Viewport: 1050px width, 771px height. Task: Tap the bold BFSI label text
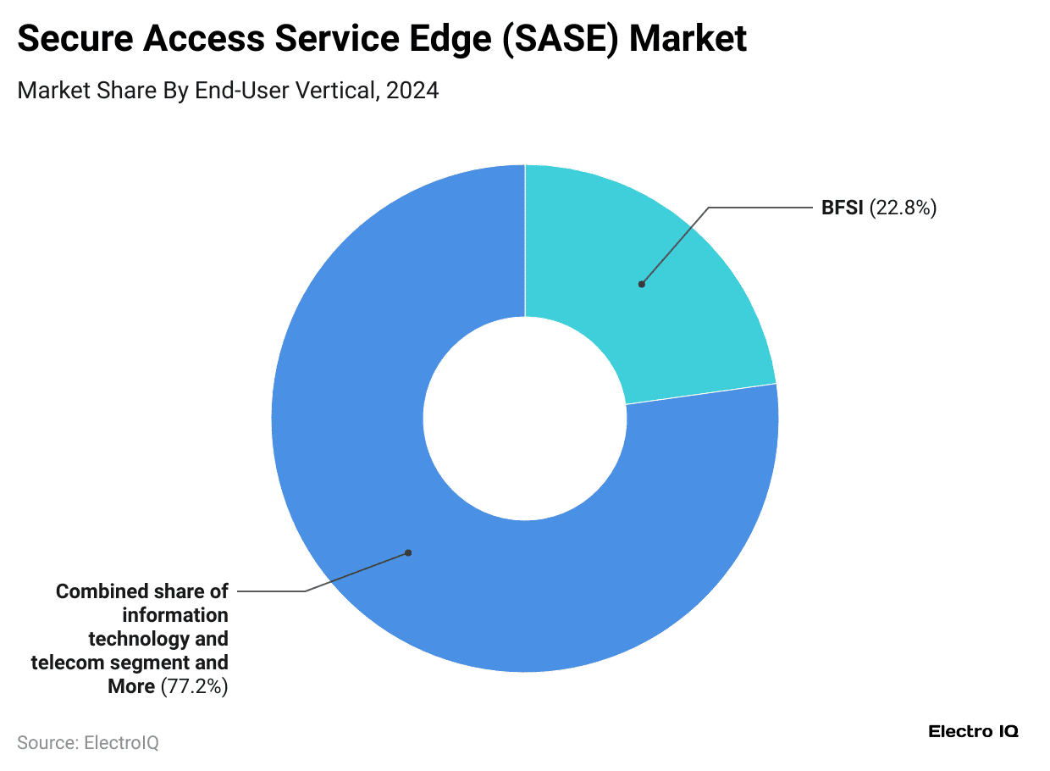point(842,208)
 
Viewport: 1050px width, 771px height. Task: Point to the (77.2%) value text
point(194,686)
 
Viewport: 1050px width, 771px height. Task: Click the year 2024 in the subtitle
point(412,91)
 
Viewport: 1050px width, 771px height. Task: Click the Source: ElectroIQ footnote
point(88,743)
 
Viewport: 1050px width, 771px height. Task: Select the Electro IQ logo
point(973,731)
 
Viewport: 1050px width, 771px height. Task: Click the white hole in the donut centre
point(525,418)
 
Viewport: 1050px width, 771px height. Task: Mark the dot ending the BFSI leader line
point(642,285)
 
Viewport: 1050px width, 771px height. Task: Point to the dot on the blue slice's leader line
point(408,552)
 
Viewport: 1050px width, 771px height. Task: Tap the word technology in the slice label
point(141,639)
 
